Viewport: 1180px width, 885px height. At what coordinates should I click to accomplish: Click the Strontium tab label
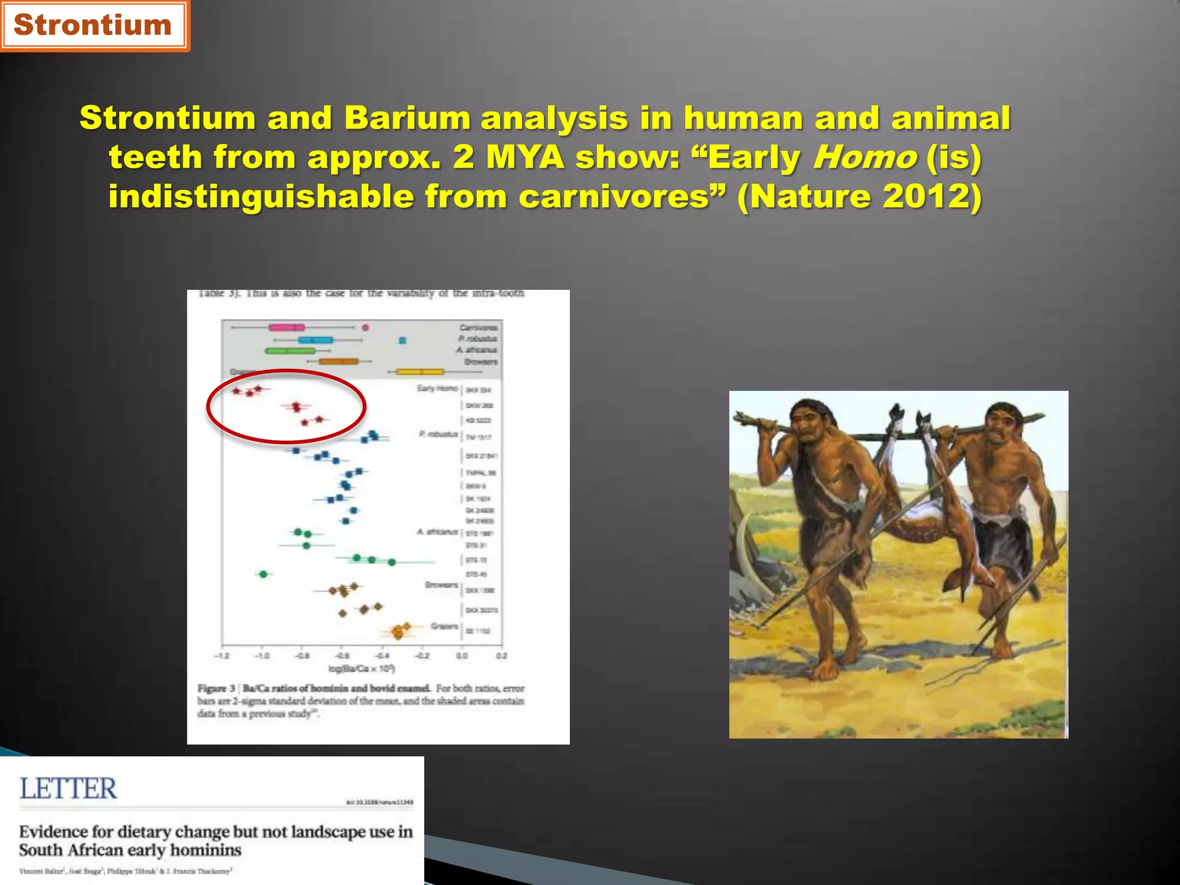(x=92, y=25)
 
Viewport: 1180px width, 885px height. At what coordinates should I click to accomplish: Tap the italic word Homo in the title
(x=864, y=157)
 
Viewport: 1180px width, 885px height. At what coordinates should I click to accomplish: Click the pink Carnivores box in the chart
(x=286, y=327)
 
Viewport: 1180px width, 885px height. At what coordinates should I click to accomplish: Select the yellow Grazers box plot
(x=420, y=372)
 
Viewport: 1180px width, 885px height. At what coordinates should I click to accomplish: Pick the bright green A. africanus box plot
(x=290, y=350)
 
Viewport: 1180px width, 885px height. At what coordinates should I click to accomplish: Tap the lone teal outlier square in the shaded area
(x=403, y=341)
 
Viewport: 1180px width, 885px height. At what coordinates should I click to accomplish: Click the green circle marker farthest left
(x=263, y=574)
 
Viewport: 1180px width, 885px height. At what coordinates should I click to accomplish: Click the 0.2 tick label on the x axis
(x=501, y=656)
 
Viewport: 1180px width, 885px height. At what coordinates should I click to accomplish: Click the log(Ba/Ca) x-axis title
(x=361, y=668)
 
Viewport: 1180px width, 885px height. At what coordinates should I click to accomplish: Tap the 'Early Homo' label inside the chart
(x=437, y=388)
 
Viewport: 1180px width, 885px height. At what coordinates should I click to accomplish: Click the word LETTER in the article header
(x=69, y=789)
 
